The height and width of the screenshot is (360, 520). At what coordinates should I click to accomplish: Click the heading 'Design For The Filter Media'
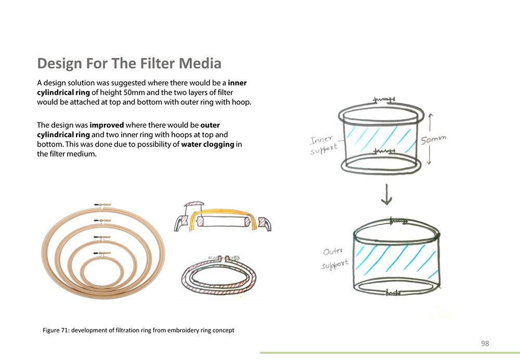[129, 63]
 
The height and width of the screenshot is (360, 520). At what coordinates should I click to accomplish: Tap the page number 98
[485, 343]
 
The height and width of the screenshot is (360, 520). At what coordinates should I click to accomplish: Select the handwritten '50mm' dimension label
[434, 139]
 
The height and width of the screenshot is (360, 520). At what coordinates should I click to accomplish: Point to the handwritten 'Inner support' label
[324, 145]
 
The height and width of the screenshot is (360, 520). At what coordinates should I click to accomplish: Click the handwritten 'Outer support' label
[335, 259]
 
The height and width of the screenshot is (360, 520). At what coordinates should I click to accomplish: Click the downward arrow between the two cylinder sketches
[386, 195]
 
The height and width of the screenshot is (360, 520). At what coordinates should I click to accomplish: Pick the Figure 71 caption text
[138, 330]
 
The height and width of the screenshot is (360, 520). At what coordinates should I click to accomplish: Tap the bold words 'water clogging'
[207, 144]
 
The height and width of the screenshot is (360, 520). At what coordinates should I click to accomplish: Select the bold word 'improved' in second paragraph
[107, 125]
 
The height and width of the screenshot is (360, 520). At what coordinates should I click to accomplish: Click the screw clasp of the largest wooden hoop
[102, 205]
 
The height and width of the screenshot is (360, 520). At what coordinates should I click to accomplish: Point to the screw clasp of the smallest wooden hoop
[102, 253]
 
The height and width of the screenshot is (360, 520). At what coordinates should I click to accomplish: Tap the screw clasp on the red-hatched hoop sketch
[224, 258]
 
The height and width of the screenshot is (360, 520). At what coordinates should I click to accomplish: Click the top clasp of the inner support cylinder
[384, 99]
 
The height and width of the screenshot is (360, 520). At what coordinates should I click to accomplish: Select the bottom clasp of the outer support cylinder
[393, 293]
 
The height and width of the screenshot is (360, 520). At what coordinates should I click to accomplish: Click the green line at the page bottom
[390, 353]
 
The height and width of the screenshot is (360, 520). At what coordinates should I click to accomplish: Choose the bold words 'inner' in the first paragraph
[237, 83]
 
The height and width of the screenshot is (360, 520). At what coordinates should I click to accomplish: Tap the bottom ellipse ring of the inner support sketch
[381, 164]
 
